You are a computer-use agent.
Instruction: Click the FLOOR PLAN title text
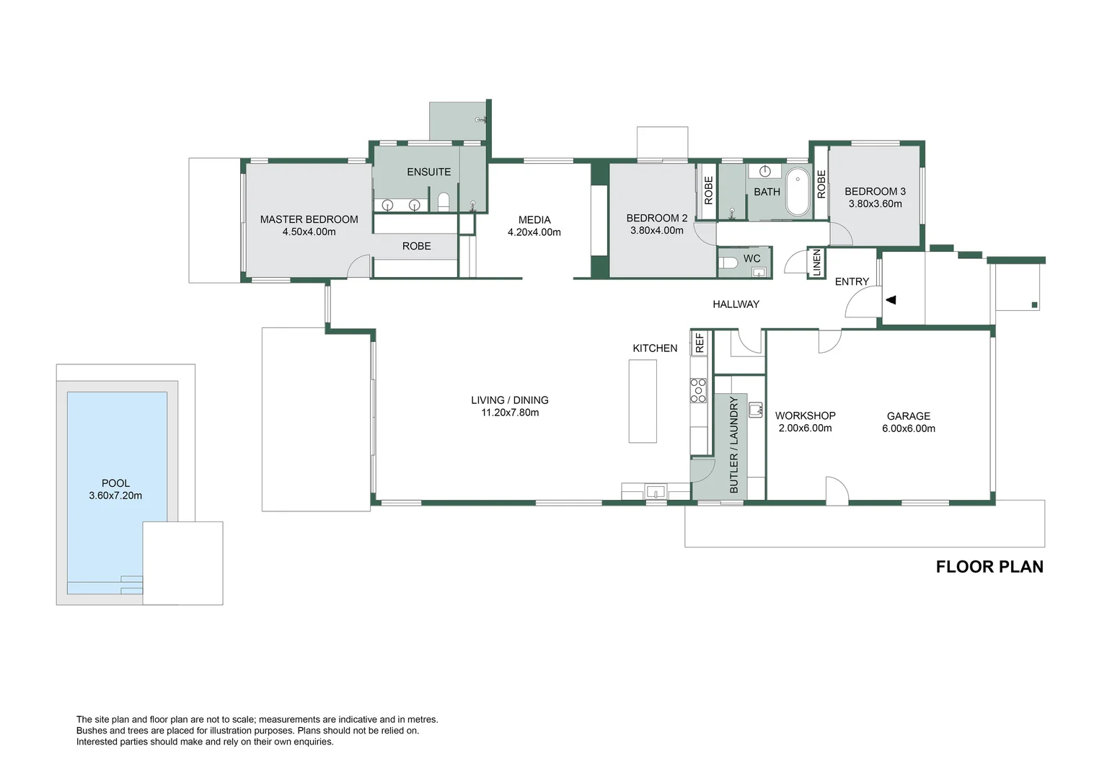(989, 567)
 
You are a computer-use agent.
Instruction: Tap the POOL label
(115, 483)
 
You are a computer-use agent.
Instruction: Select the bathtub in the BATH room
(798, 192)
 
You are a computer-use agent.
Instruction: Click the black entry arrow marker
(891, 299)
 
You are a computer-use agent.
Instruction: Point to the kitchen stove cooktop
(698, 391)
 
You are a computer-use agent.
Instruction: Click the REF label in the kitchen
(700, 343)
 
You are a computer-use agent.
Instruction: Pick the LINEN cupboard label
(817, 263)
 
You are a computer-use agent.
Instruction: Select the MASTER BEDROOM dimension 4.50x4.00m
(309, 232)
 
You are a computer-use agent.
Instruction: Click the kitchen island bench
(643, 401)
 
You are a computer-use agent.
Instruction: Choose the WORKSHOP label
(805, 415)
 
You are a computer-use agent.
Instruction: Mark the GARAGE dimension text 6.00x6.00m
(908, 428)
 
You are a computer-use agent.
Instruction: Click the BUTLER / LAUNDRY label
(734, 445)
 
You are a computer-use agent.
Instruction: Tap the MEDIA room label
(534, 220)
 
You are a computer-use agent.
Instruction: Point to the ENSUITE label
(428, 172)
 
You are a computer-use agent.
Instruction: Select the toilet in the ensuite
(444, 202)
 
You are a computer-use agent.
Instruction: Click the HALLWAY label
(736, 304)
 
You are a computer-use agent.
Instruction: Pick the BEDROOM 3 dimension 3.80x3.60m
(875, 204)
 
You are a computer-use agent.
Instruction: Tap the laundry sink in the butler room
(755, 410)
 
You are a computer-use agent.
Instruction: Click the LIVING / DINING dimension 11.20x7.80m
(510, 413)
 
